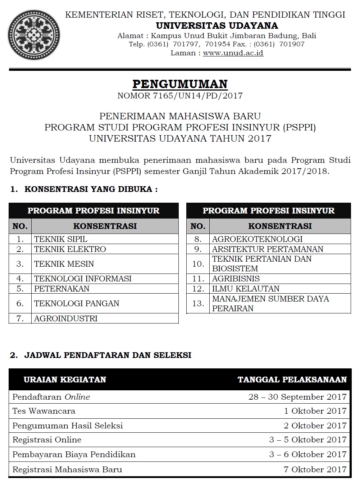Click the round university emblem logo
[x=34, y=35]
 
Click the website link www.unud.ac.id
[x=233, y=53]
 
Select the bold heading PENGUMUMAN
[x=180, y=84]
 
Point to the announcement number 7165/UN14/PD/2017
[x=180, y=96]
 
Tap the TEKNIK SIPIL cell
[x=61, y=239]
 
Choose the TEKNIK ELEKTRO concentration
[x=70, y=249]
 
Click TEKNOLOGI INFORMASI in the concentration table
[x=83, y=279]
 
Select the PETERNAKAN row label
[x=61, y=289]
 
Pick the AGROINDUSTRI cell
[x=66, y=318]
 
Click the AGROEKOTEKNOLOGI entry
[x=257, y=239]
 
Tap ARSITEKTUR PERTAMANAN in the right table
[x=268, y=249]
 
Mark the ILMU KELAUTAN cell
[x=246, y=289]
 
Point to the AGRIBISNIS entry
[x=236, y=279]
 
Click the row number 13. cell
[x=198, y=303]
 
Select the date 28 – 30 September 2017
[x=297, y=397]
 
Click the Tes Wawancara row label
[x=44, y=411]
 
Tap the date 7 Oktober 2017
[x=315, y=469]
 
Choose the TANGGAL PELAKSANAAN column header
[x=292, y=380]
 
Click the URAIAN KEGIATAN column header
[x=65, y=380]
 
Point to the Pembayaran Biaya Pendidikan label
[x=74, y=454]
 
